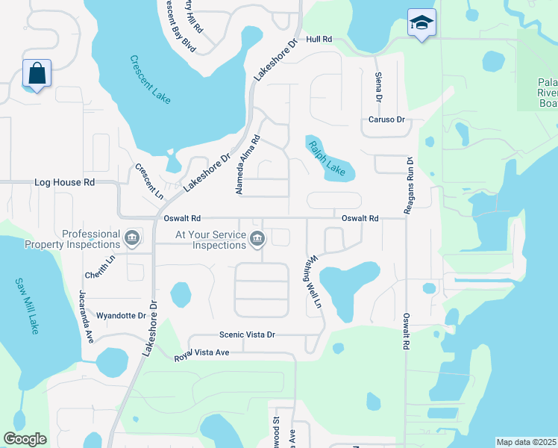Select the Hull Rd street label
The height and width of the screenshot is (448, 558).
(318, 39)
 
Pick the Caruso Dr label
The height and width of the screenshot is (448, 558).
(386, 119)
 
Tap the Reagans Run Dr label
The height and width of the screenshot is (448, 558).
(409, 186)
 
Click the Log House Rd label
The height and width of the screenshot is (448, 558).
(65, 182)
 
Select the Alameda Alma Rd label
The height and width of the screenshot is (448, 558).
(247, 165)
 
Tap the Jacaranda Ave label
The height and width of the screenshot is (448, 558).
(87, 314)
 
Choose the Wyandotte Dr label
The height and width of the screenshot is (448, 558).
(121, 316)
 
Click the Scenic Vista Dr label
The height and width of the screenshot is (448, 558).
(247, 335)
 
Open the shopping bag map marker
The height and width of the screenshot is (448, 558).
(36, 74)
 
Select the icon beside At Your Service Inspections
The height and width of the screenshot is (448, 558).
(257, 239)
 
